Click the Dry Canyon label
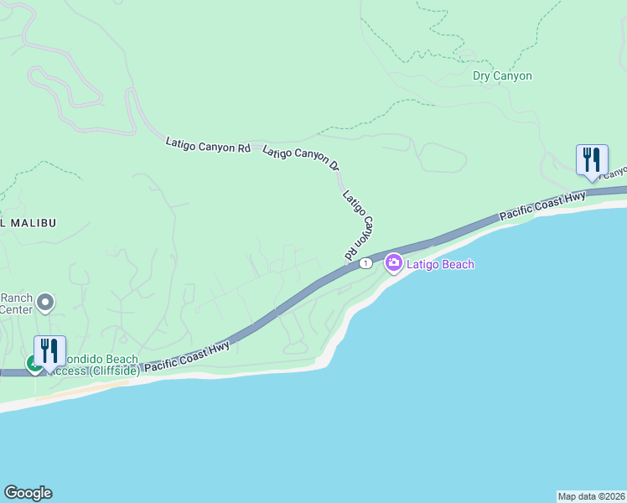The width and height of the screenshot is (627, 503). click(502, 76)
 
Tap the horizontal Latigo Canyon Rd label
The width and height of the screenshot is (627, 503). click(208, 145)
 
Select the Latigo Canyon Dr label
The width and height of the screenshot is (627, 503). click(301, 158)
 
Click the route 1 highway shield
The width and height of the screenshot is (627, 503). click(365, 263)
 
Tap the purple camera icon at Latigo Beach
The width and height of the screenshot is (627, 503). click(394, 264)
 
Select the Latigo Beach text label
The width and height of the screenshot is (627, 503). click(440, 265)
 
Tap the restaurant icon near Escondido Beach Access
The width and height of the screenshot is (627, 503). click(49, 351)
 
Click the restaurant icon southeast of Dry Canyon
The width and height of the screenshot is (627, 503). click(592, 160)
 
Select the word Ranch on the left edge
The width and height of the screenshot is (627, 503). click(16, 298)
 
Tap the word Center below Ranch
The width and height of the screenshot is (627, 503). click(16, 309)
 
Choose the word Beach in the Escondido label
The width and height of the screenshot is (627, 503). click(122, 360)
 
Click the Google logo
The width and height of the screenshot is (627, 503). click(28, 493)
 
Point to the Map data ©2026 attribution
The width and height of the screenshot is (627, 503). click(591, 496)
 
